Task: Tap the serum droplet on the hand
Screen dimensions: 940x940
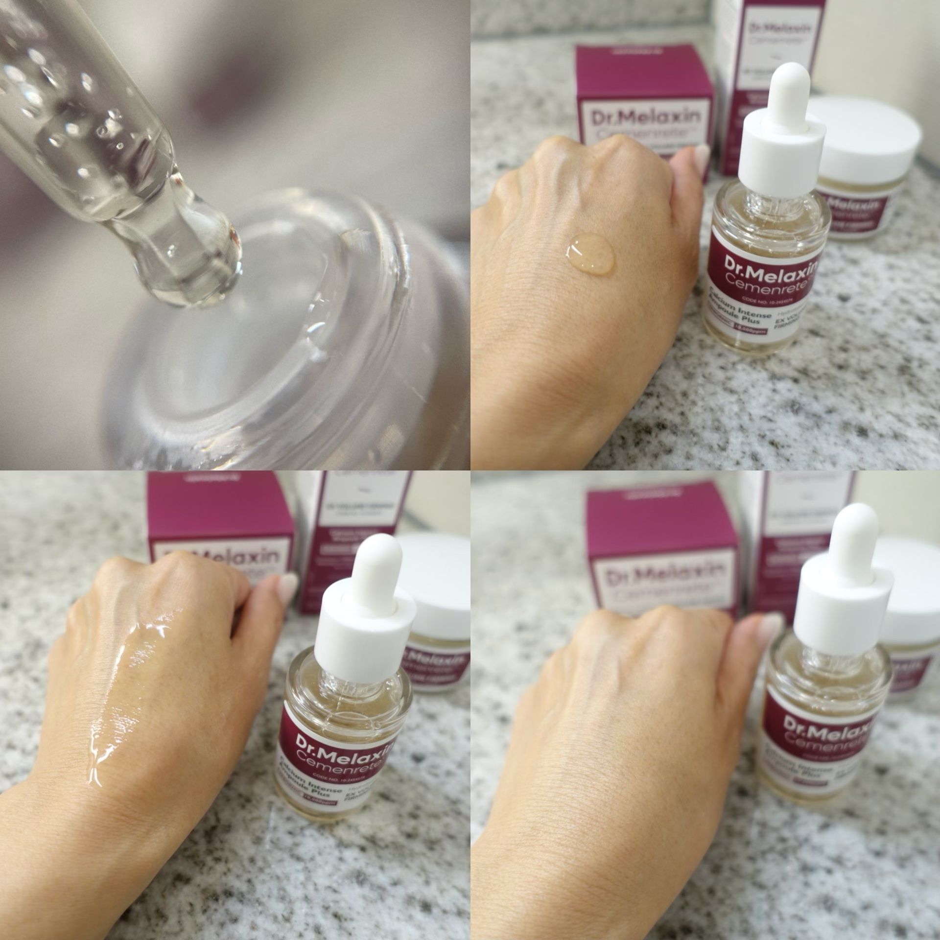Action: point(590,252)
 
